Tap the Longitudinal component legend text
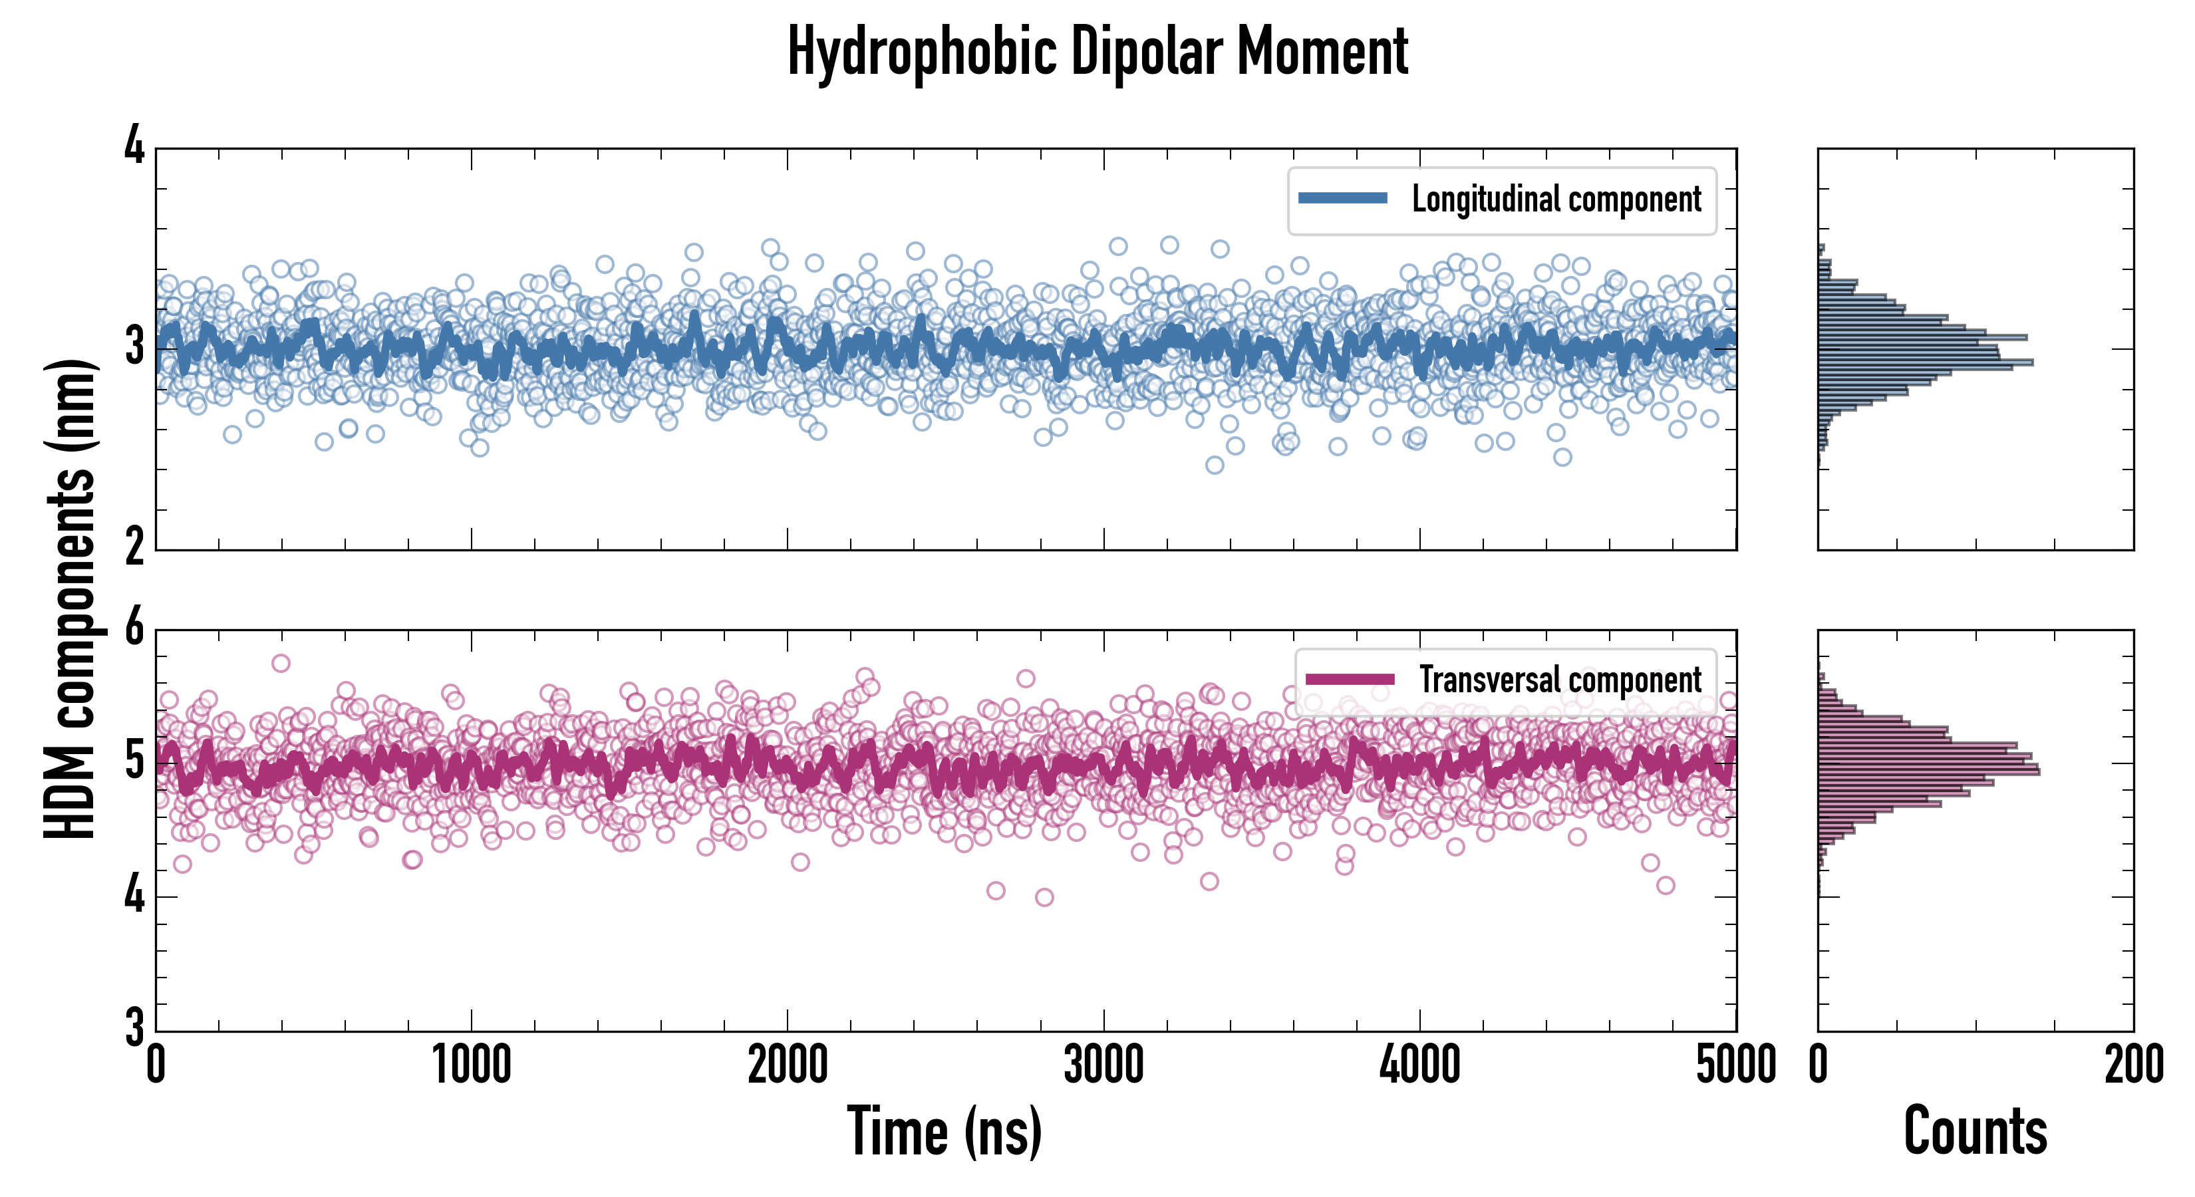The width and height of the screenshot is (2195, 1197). click(x=1556, y=199)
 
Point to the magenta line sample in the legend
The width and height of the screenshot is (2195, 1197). click(x=1350, y=679)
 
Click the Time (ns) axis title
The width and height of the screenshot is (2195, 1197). click(x=944, y=1131)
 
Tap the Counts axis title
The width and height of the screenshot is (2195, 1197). click(x=1975, y=1131)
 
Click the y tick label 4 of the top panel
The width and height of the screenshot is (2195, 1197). click(x=134, y=146)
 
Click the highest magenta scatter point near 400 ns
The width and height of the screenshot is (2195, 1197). click(x=280, y=663)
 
